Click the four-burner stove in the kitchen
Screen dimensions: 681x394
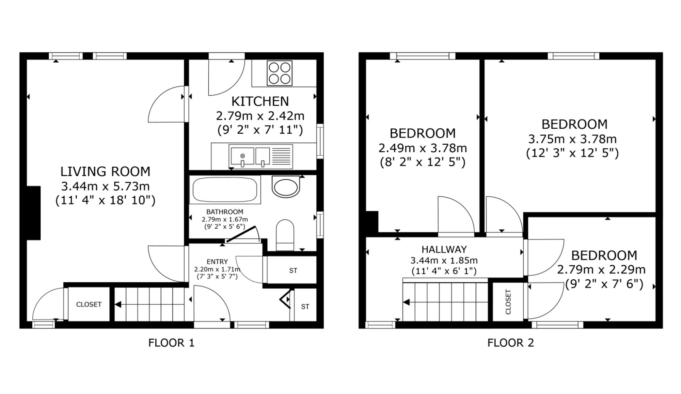pos(280,73)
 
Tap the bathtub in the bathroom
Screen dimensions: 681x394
pos(225,190)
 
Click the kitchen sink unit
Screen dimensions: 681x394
pos(261,157)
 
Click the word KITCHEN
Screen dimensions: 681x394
pos(260,101)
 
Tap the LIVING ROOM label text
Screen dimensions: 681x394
pos(105,171)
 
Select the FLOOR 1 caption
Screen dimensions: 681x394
pos(171,343)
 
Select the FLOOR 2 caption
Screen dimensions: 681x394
pos(510,343)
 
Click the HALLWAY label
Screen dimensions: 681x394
pos(444,249)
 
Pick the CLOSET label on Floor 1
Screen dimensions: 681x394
pos(89,305)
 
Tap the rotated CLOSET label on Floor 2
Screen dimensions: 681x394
pos(508,302)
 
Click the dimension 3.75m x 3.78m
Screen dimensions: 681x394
pos(572,139)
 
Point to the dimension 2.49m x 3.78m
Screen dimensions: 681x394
pos(423,148)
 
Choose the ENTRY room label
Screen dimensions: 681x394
pos(217,262)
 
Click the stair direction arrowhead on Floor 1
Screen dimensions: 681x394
pos(118,304)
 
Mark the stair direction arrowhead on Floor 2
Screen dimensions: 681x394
pos(406,302)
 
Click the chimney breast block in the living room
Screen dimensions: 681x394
pos(34,213)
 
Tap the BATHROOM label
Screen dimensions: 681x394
pos(225,212)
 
